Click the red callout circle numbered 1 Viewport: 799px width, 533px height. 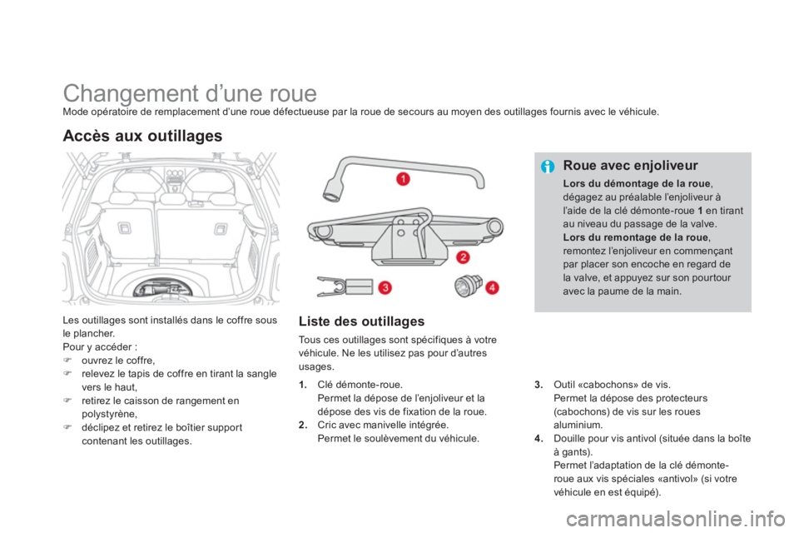pos(403,178)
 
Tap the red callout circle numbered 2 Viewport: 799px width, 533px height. pos(463,257)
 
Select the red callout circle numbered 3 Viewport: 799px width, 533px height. pos(385,287)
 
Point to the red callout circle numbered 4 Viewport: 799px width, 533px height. pos(492,287)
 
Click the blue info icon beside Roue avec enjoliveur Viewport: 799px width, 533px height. pos(548,167)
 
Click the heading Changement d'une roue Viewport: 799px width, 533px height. pos(190,93)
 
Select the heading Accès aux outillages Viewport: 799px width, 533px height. pos(142,136)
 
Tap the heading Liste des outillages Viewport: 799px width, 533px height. pos(361,321)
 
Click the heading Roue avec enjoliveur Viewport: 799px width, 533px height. pos(630,165)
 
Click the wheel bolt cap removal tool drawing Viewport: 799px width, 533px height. pos(345,286)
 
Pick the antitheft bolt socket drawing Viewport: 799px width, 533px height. pos(469,285)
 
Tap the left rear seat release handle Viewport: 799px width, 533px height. pos(125,228)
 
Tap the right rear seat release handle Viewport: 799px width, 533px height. pos(220,229)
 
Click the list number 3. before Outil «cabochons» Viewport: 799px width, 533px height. pos(539,385)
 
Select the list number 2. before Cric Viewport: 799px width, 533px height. pos(303,426)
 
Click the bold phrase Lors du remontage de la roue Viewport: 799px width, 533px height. pos(635,237)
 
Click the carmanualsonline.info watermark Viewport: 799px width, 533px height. pos(675,520)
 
